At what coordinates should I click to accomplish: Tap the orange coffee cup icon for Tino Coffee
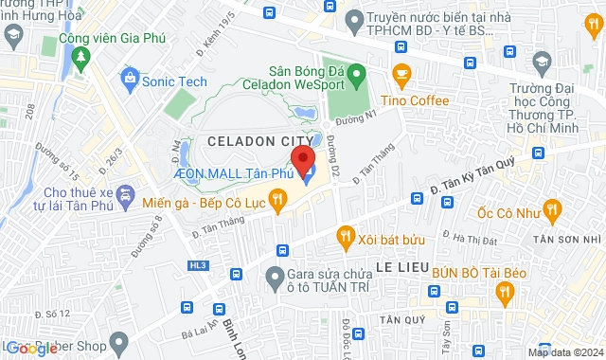click(x=401, y=74)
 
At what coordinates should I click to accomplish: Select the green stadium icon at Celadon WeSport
click(x=357, y=72)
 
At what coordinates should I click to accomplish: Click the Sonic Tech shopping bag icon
click(x=130, y=81)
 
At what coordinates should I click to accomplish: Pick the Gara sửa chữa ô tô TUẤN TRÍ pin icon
click(x=275, y=278)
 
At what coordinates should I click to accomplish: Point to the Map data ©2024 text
click(x=563, y=352)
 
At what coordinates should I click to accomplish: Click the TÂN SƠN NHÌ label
click(x=567, y=241)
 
